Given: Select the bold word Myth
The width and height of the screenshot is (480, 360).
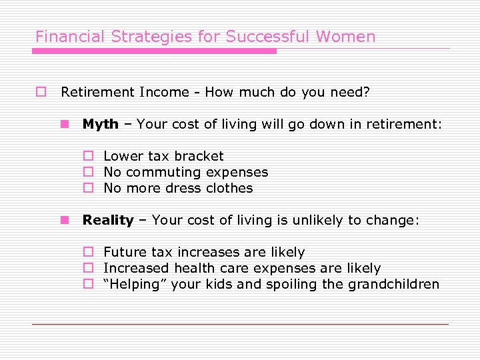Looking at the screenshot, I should pos(100,124).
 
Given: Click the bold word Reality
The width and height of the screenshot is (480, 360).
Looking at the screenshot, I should pos(108,220).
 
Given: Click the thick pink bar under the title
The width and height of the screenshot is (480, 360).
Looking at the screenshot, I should pos(155,51).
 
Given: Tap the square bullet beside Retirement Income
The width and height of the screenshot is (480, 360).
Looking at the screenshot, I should pos(41,92).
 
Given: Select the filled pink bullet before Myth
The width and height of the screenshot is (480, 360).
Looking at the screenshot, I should pos(65,124).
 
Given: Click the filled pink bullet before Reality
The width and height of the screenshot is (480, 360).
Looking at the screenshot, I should pos(65,220).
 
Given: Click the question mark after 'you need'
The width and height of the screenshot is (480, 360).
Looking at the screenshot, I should pos(366,92).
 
